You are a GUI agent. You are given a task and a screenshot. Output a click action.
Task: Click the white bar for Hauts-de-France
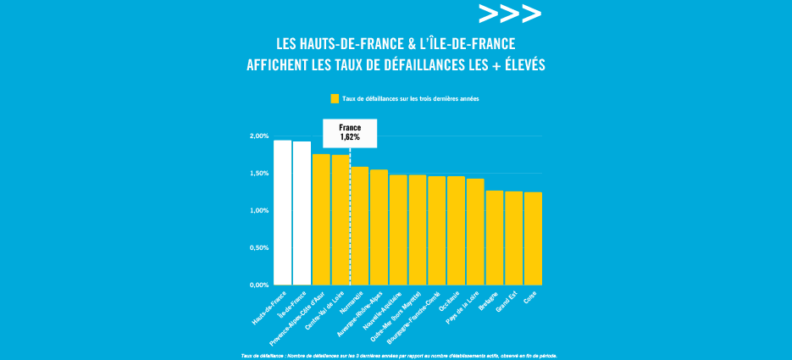coord(282,213)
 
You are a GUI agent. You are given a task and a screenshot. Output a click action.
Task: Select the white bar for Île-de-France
coord(302,213)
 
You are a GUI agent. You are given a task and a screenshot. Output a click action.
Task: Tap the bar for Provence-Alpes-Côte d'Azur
coord(321,219)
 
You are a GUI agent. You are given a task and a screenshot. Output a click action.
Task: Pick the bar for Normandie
coord(359,225)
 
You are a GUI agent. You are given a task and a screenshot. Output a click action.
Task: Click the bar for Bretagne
coord(495,238)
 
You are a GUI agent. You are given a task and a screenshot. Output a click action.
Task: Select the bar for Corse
coord(533,239)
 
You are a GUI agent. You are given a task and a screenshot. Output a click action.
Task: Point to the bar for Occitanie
coord(456,230)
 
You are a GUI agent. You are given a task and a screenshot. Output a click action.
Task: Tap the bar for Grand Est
coord(513,238)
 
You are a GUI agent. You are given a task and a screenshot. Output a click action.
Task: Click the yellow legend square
coord(335,99)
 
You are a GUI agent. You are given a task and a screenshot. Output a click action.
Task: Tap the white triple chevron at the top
coord(509,14)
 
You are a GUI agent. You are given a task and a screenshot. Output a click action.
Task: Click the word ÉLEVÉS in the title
coord(516,64)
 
